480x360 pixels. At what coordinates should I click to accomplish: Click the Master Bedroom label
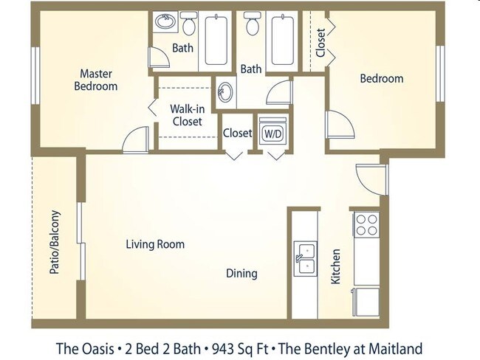coord(96,80)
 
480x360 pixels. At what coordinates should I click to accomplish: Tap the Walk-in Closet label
coord(188,115)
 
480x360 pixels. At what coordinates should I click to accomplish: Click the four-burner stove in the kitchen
coord(367,224)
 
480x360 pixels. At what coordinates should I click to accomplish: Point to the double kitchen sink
coord(306,259)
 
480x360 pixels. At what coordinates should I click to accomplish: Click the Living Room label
coord(155,244)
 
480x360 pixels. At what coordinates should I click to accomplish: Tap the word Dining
coord(241,273)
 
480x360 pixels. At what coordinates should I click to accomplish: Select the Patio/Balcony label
coord(55,242)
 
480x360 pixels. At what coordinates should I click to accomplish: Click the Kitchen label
coord(336,266)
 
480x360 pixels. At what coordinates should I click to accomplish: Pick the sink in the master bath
coord(165,21)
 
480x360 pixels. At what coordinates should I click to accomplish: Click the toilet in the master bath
coord(189,24)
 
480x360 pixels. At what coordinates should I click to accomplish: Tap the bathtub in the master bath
coord(216,40)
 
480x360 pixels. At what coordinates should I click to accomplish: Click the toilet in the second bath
coord(253,24)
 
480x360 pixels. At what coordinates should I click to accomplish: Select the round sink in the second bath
coord(225,92)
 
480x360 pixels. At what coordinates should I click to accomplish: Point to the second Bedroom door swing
coord(340,125)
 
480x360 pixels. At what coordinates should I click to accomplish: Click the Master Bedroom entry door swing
coord(136,139)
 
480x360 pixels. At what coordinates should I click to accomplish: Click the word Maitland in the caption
coord(396,349)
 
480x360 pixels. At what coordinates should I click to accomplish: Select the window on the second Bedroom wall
coord(440,74)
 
